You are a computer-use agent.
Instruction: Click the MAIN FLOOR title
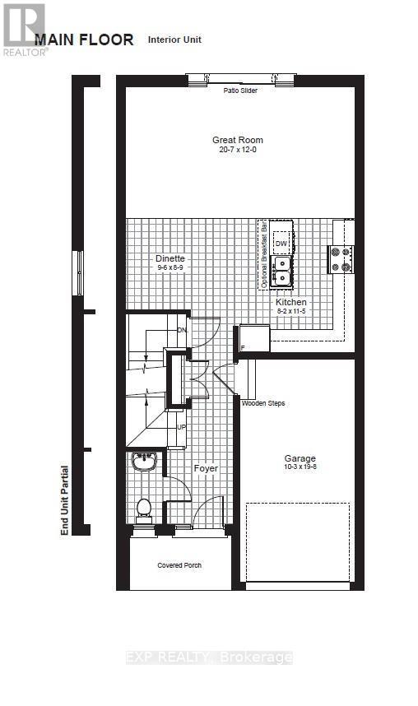83,40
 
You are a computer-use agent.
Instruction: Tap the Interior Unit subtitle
174,39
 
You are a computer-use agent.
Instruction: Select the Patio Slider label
240,91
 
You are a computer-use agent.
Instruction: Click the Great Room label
238,140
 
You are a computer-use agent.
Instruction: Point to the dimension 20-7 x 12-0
238,150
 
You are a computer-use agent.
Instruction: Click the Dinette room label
170,258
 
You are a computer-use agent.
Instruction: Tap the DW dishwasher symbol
281,244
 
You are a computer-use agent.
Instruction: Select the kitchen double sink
281,269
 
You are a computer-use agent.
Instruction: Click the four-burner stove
341,259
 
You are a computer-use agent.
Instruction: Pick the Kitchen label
290,302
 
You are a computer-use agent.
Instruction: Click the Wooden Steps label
263,403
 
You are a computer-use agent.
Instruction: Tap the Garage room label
300,458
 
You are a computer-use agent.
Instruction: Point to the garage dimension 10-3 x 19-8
300,468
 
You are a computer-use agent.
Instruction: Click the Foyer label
206,468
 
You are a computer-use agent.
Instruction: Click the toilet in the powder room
144,509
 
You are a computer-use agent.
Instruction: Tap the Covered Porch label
179,565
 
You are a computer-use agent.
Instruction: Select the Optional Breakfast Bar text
264,255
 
